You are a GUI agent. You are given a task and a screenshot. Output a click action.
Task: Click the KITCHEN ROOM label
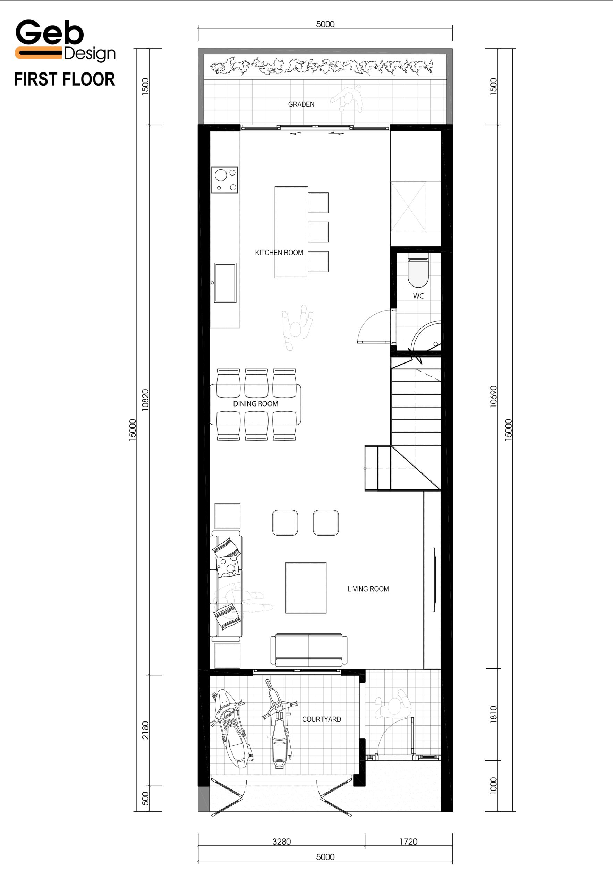pos(279,253)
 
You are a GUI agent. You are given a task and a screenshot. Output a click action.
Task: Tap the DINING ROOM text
pos(255,404)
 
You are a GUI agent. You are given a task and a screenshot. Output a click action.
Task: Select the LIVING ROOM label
pos(368,589)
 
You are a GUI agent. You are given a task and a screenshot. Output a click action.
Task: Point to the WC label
pos(418,296)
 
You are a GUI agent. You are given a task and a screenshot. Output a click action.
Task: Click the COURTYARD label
pos(322,719)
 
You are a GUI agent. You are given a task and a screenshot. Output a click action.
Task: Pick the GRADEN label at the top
pos(301,104)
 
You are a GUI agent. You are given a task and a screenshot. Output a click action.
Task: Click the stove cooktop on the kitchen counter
pos(224,180)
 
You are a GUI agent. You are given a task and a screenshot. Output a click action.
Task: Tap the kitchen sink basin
pos(225,283)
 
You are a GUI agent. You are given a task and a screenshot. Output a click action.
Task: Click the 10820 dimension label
pos(145,400)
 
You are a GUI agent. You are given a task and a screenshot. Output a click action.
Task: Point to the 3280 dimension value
pos(282,842)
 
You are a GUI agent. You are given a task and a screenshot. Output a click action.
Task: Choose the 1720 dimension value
pos(408,842)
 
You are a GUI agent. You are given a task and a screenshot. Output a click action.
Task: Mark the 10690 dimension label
pos(493,396)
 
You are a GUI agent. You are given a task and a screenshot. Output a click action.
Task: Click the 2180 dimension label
pos(145,730)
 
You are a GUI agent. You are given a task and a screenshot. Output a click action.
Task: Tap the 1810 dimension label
pos(493,715)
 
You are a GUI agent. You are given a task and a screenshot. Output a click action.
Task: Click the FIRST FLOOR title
pos(65,79)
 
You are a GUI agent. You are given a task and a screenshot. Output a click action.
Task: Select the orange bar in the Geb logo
pos(38,53)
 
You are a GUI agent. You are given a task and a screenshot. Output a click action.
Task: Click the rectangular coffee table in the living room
pos(306,588)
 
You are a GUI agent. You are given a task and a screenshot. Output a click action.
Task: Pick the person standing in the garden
pos(348,99)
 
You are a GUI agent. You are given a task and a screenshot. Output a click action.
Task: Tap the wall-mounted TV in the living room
pos(434,580)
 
